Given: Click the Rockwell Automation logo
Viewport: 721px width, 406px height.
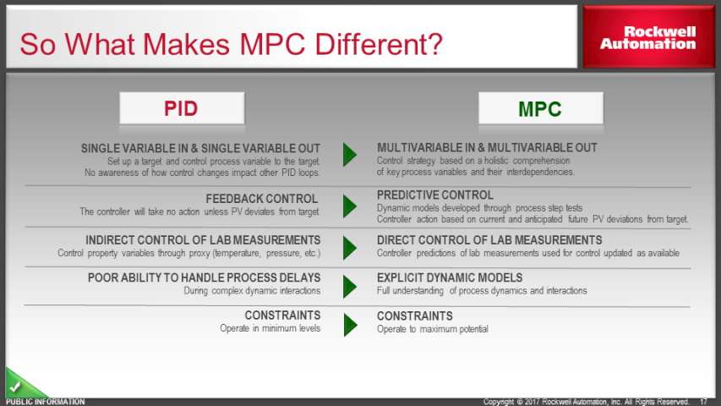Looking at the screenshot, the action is tap(647, 38).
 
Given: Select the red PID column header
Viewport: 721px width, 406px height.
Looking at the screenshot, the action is tap(181, 108).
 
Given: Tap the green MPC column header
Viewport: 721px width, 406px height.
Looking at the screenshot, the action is tap(540, 109).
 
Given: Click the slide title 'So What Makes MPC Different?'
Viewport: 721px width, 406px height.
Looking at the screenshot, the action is tap(231, 44).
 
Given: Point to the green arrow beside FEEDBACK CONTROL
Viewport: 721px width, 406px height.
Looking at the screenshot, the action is tap(349, 206).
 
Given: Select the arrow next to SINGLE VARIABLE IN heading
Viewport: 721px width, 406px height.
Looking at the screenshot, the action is tap(349, 154).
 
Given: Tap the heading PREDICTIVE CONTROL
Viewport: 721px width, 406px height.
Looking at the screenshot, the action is tap(435, 195).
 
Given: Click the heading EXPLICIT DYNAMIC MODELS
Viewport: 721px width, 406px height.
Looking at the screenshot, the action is tap(450, 278).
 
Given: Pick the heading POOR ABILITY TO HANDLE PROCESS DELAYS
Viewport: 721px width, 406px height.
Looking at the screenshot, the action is tap(205, 278).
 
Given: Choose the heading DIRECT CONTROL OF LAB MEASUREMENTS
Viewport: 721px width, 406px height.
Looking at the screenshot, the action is tap(489, 240).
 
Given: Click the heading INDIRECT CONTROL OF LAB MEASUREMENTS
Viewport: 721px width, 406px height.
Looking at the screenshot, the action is tap(203, 240).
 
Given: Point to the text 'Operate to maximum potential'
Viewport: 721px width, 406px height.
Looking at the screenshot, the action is tap(432, 329).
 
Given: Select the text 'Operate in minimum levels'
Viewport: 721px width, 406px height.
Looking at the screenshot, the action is tap(270, 328).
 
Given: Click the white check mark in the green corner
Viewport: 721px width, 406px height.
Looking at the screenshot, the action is tap(14, 387).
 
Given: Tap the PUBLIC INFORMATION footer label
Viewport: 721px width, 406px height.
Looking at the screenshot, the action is tap(45, 402).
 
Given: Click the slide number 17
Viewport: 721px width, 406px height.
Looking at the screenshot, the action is tap(703, 402).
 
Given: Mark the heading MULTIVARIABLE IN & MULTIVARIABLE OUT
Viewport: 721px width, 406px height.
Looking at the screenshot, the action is tap(487, 148).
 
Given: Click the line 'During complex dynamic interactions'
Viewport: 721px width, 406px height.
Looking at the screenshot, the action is tap(252, 291).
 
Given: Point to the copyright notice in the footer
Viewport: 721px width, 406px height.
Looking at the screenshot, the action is tap(586, 402).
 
